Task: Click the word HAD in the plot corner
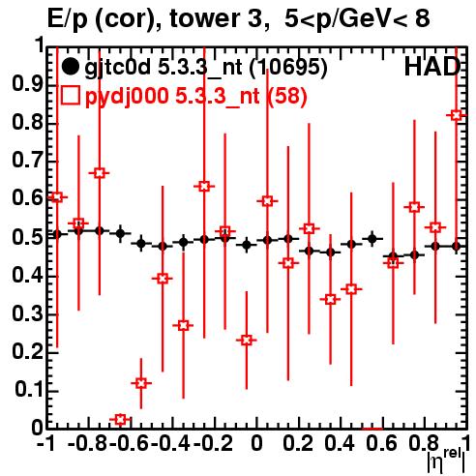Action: click(432, 67)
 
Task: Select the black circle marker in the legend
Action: click(70, 67)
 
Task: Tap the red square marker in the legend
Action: click(70, 95)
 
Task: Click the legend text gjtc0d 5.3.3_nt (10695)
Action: click(206, 68)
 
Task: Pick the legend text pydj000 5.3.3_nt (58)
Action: click(195, 96)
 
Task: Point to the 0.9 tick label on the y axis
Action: click(27, 84)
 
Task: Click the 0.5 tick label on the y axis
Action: click(27, 237)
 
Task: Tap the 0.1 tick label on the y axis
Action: click(28, 390)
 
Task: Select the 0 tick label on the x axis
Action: click(256, 443)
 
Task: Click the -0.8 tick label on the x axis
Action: click(88, 443)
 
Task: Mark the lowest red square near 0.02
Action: click(120, 419)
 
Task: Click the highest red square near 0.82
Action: click(457, 115)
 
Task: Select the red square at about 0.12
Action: click(141, 383)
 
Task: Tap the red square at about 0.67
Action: click(100, 173)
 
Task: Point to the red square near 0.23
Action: click(247, 340)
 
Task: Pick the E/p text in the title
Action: click(68, 20)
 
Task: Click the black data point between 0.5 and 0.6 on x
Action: click(372, 239)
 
